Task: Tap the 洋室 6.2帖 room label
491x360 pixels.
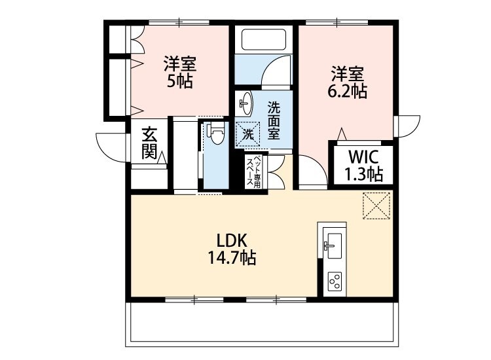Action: tap(348, 82)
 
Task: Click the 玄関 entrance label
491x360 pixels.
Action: tap(149, 144)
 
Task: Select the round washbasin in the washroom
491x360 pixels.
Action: tap(245, 102)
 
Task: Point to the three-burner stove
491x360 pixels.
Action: tap(335, 281)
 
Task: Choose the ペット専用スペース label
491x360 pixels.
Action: tap(253, 171)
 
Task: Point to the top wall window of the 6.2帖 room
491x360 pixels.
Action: tap(338, 23)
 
